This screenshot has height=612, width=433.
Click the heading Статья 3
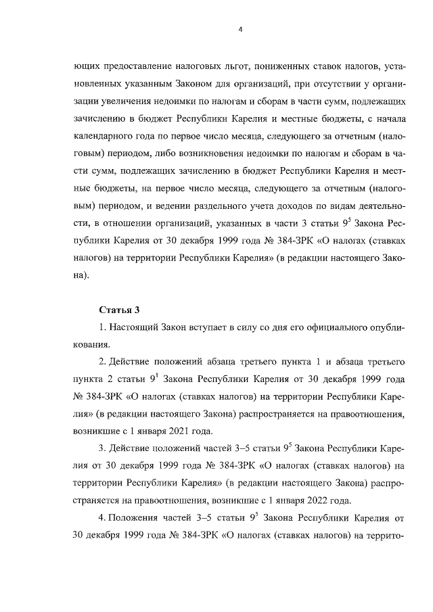[119, 310]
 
